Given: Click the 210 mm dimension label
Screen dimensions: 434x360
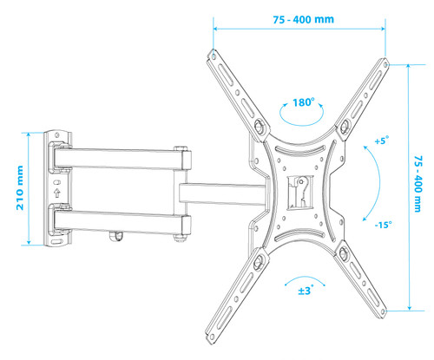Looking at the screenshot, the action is (x=20, y=187).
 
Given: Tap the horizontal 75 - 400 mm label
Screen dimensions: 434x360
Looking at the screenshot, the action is (x=304, y=20).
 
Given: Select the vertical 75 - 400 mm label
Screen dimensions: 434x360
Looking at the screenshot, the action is (x=418, y=184).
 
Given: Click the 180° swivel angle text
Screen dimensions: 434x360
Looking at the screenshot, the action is (x=303, y=102).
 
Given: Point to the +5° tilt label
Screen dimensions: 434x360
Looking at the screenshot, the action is (x=382, y=141).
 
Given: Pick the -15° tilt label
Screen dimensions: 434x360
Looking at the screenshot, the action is (x=383, y=225).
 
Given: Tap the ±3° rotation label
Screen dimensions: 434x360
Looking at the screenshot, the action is (x=306, y=290).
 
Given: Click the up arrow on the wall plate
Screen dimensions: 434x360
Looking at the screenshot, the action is (x=57, y=193).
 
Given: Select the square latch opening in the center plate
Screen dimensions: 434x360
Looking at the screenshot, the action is (x=300, y=192).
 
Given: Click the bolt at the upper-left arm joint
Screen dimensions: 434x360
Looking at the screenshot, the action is (x=259, y=126).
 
